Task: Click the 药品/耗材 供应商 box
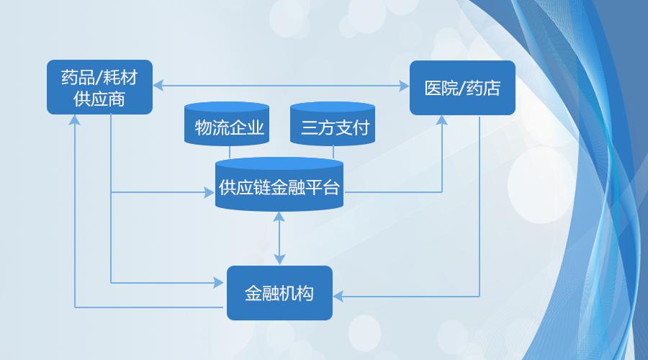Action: (x=99, y=87)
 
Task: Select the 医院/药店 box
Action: (x=462, y=88)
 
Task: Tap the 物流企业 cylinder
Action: (x=227, y=124)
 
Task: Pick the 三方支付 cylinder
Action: (x=333, y=124)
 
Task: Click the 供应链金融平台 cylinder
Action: (x=279, y=185)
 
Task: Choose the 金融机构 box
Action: (x=280, y=293)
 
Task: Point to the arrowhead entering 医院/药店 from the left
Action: (x=404, y=86)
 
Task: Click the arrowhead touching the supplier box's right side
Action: (x=158, y=86)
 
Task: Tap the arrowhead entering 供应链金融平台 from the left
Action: (x=210, y=192)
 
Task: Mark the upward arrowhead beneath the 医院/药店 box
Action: (x=442, y=120)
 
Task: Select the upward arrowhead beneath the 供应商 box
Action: (x=75, y=120)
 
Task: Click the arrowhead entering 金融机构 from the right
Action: (x=338, y=297)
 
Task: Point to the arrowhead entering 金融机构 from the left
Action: (x=219, y=283)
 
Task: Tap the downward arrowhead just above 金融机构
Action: (x=280, y=260)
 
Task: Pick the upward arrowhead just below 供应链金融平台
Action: (x=279, y=217)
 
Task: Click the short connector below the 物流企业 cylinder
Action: (x=230, y=152)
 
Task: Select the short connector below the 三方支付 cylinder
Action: (x=333, y=152)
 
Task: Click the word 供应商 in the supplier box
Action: (x=99, y=99)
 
